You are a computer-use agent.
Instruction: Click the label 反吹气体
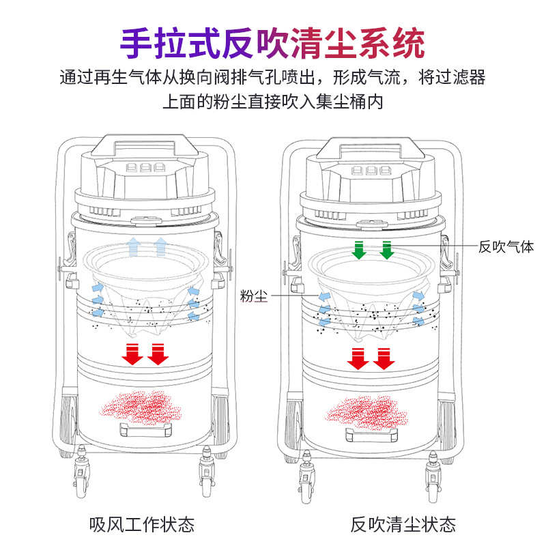(x=506, y=247)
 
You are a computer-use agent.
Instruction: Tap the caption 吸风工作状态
(x=142, y=524)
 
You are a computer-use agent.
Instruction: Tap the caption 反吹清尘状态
(x=403, y=524)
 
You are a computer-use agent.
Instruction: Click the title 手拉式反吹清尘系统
(x=273, y=42)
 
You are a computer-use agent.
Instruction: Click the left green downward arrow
(x=358, y=250)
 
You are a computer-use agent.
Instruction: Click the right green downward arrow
(x=386, y=250)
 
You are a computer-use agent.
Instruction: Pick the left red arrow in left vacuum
(x=131, y=353)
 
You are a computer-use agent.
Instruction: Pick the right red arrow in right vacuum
(x=384, y=357)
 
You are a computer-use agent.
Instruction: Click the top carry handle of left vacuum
(x=141, y=144)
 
